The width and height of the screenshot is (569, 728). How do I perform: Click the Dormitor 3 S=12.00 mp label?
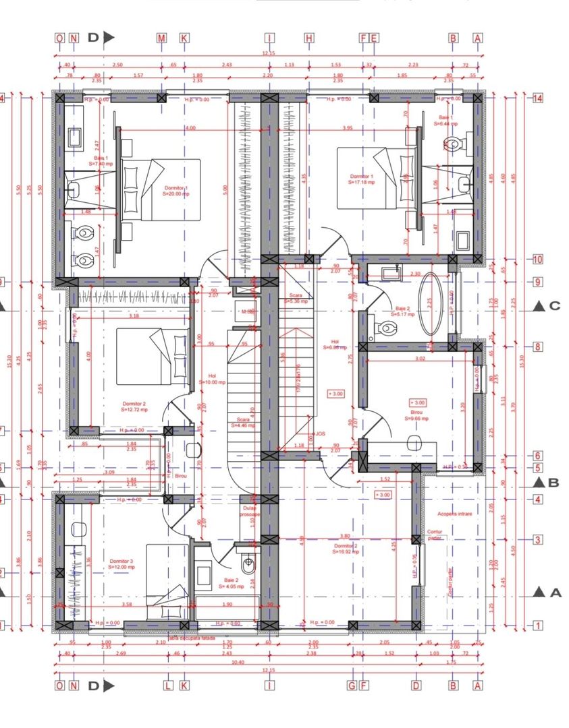[x=122, y=564]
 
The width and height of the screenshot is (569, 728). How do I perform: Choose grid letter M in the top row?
[x=161, y=38]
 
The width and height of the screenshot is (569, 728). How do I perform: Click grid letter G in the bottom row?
[x=351, y=686]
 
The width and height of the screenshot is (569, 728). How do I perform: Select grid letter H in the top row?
[x=308, y=38]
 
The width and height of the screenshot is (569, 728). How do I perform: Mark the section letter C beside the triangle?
[x=555, y=306]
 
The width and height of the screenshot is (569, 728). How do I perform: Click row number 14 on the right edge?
[x=537, y=98]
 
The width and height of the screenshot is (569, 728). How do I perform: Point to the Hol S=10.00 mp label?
[x=212, y=379]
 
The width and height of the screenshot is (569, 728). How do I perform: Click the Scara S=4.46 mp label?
[x=241, y=423]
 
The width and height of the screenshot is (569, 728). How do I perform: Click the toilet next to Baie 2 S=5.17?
[x=387, y=328]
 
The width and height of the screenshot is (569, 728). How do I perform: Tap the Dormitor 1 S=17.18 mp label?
[x=362, y=179]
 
